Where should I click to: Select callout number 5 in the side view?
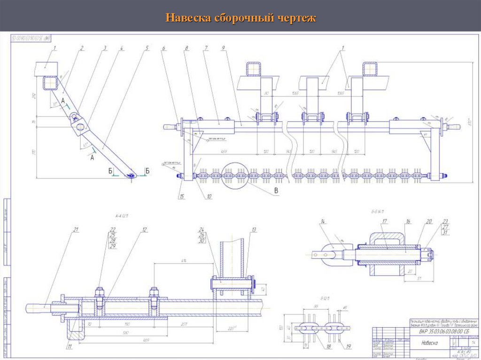point(147,48)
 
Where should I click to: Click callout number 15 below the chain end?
point(182,197)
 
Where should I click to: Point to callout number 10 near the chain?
point(208,197)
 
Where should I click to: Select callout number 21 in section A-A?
point(75,230)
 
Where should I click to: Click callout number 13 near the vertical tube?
point(254,230)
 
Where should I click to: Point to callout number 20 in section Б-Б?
point(428,221)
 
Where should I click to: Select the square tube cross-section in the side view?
point(50,84)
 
